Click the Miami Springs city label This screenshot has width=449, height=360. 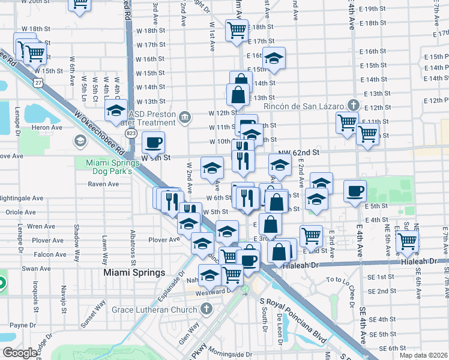134,272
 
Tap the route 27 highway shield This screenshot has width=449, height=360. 38,82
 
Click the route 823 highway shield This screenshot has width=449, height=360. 130,131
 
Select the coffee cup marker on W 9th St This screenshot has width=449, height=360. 153,142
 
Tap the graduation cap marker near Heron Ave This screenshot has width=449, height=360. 116,110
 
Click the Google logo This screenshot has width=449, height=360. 20,353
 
